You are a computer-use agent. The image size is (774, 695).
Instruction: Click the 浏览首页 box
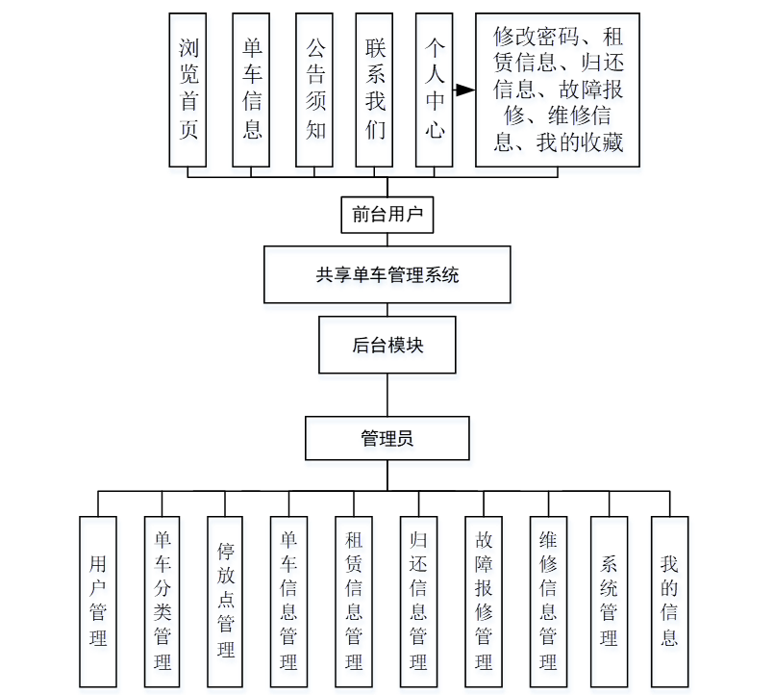pyautogui.click(x=188, y=90)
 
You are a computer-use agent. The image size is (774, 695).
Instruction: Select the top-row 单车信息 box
pyautogui.click(x=252, y=90)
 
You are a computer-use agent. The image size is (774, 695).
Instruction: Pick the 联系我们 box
pyautogui.click(x=375, y=90)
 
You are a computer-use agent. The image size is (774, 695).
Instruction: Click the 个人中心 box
pyautogui.click(x=435, y=90)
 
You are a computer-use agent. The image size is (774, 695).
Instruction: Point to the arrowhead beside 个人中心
pyautogui.click(x=465, y=90)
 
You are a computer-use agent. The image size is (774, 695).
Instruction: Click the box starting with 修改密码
pyautogui.click(x=558, y=90)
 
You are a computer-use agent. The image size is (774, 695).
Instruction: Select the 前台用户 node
pyautogui.click(x=387, y=215)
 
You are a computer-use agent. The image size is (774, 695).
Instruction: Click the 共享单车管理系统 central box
pyautogui.click(x=387, y=274)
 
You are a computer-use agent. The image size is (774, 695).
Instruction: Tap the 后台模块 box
pyautogui.click(x=387, y=344)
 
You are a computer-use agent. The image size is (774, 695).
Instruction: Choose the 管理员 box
pyautogui.click(x=387, y=438)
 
